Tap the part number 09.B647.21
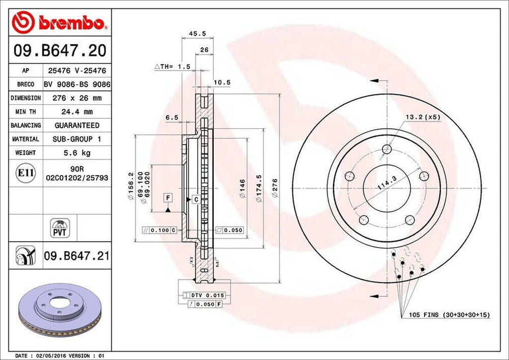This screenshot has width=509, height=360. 77,257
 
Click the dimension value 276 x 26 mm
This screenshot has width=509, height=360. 77,98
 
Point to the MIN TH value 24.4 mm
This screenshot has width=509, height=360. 77,112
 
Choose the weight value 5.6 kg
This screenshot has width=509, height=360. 77,153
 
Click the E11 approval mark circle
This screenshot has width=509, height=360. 25,173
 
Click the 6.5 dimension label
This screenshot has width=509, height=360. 171,117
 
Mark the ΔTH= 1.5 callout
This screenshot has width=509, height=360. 172,66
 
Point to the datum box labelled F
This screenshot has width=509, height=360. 169,198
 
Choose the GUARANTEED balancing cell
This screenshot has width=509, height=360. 77,125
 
